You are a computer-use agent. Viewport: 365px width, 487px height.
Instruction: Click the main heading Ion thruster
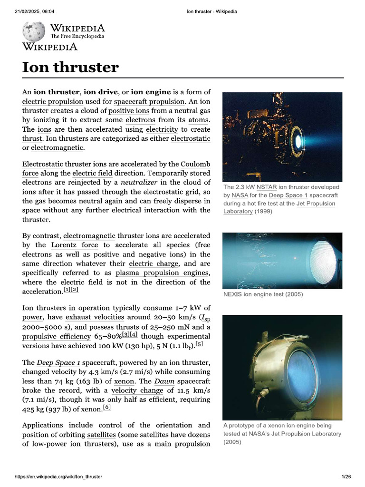point(70,68)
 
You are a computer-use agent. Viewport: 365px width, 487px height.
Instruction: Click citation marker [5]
point(199,344)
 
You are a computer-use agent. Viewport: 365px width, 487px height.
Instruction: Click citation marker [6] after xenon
point(106,408)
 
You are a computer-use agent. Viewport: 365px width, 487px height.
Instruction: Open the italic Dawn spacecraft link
point(164,381)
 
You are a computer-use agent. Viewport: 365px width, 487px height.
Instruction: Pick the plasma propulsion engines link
point(162,273)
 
